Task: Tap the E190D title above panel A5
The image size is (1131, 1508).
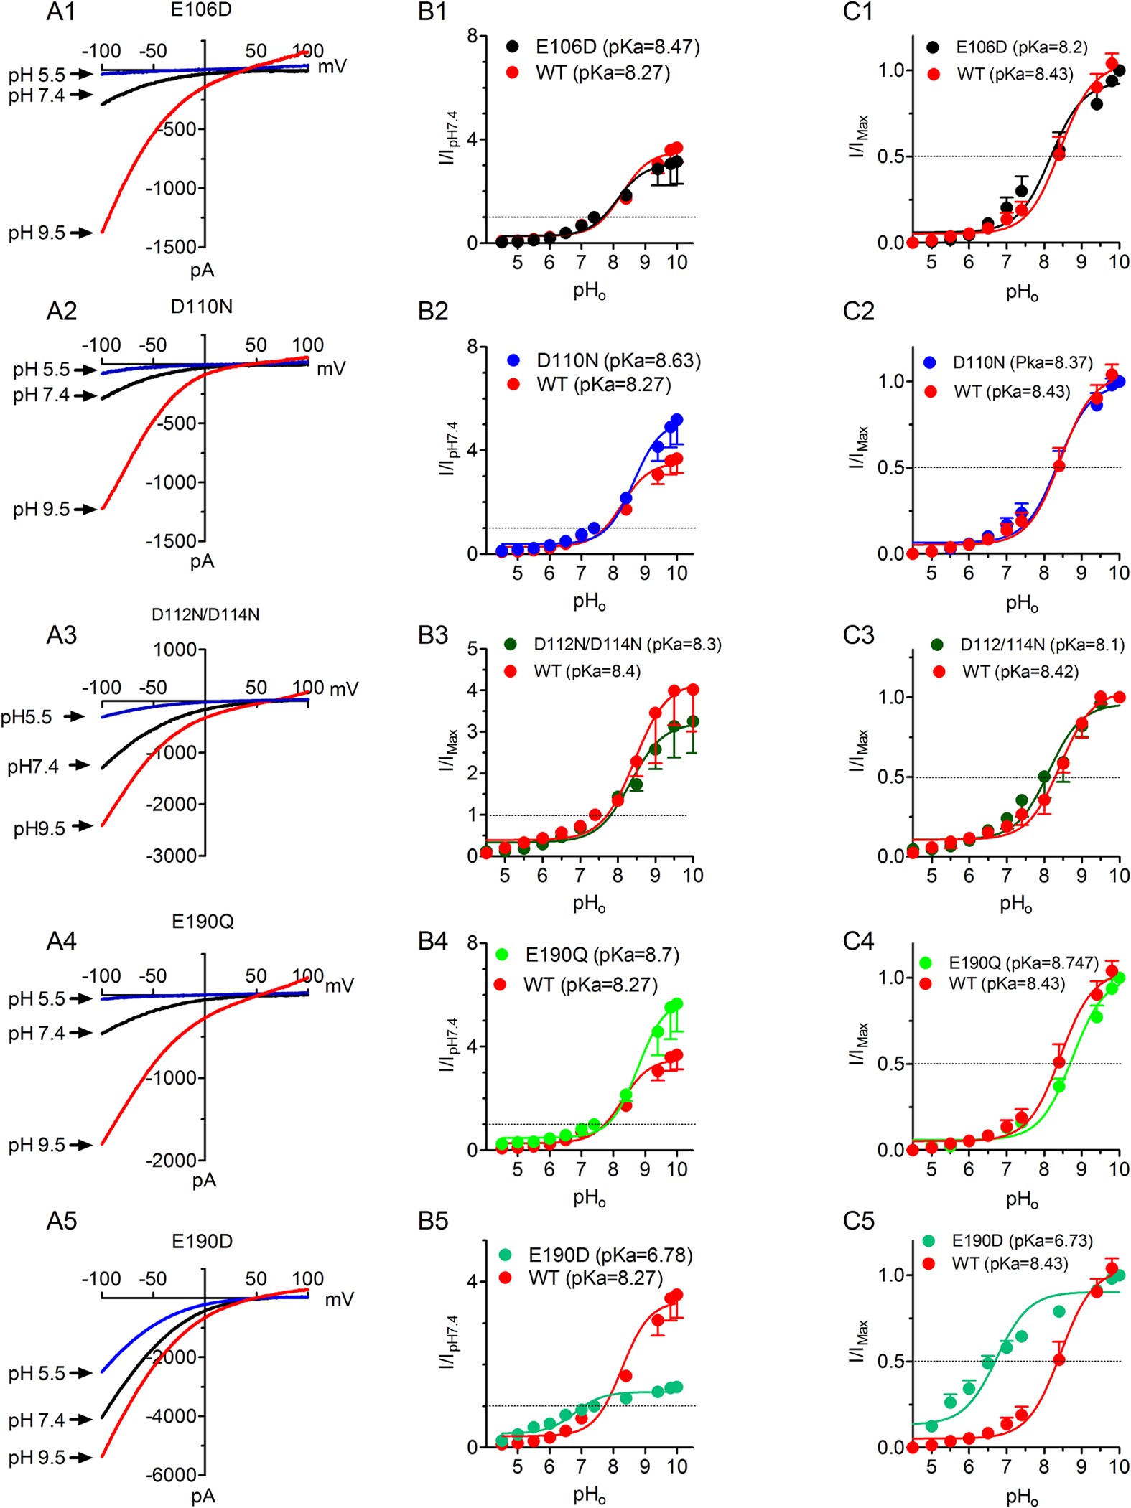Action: (202, 1241)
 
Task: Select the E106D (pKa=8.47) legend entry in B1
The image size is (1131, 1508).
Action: (617, 47)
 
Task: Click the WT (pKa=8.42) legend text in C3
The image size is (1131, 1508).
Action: (1020, 671)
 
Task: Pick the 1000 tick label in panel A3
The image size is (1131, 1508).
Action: (174, 650)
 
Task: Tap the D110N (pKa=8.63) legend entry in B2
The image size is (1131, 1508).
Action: (618, 360)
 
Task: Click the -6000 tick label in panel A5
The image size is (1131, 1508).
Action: (172, 1474)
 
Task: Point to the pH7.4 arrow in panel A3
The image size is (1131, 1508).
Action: (79, 766)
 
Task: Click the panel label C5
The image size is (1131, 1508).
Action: (858, 1221)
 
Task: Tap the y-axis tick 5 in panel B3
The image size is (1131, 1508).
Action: (473, 649)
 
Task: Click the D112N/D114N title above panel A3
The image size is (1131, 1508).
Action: (205, 614)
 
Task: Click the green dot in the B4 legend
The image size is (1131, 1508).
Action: (502, 954)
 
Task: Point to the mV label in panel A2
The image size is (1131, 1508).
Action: (331, 368)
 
